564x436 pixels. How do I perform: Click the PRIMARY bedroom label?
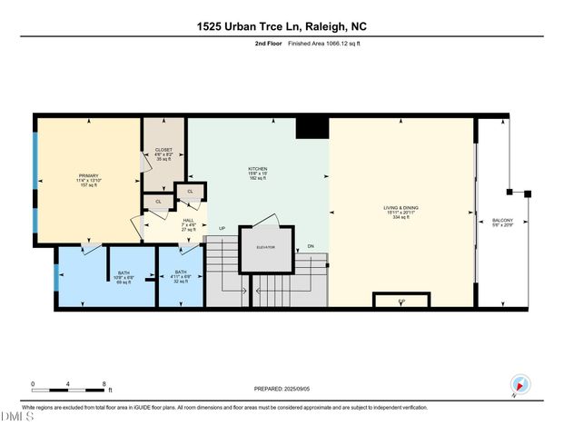pyautogui.click(x=88, y=178)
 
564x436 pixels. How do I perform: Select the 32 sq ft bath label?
pyautogui.click(x=180, y=276)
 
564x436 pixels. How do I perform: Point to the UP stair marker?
pyautogui.click(x=222, y=228)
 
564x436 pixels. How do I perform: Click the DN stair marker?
pyautogui.click(x=312, y=246)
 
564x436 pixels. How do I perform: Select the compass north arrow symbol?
pyautogui.click(x=519, y=385)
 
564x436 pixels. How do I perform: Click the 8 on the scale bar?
pyautogui.click(x=105, y=383)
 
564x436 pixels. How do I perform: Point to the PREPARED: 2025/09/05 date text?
pyautogui.click(x=283, y=389)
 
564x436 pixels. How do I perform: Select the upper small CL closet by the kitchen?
pyautogui.click(x=192, y=192)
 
